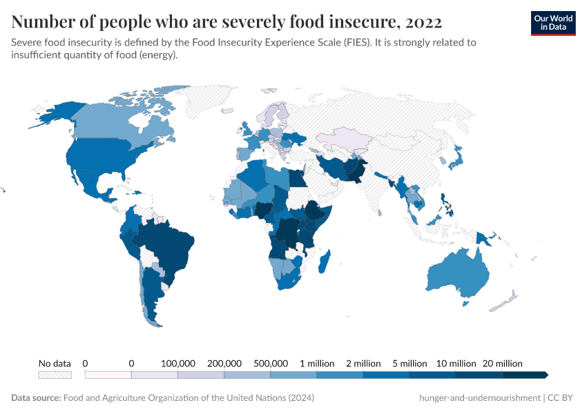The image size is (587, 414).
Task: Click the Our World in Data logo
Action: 552,23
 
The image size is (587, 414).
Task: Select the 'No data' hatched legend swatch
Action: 55,375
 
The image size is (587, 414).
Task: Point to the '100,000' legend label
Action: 178,363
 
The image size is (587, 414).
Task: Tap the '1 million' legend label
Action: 317,363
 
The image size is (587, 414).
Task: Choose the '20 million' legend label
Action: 502,363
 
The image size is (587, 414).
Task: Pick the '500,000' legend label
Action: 271,363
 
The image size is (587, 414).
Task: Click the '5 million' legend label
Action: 410,363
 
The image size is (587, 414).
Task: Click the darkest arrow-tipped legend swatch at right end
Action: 526,375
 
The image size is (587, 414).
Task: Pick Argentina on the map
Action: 151,297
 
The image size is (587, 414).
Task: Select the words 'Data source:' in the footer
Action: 36,398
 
